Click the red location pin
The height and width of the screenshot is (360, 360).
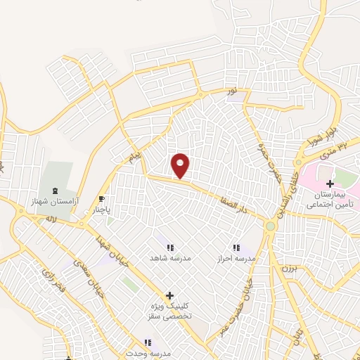[x=181, y=165]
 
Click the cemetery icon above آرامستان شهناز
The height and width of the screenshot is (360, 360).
[x=56, y=191]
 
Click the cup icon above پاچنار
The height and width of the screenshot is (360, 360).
[x=102, y=199]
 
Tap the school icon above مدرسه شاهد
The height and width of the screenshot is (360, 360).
[x=170, y=247]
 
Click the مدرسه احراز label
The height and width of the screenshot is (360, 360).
[x=235, y=258]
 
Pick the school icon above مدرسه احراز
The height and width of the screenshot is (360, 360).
[x=236, y=247]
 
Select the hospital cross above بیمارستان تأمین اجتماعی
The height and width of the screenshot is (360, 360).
[x=330, y=184]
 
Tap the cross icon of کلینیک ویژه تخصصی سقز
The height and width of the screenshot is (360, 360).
[x=169, y=295]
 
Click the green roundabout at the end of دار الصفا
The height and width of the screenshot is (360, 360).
[x=270, y=225]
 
